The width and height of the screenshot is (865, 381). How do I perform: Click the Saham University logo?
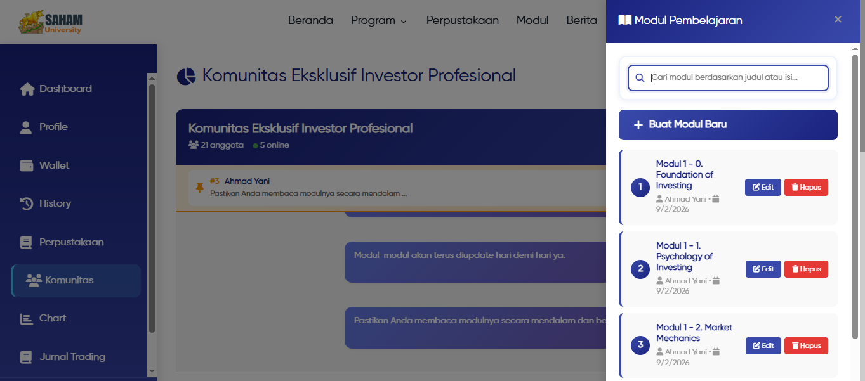point(50,22)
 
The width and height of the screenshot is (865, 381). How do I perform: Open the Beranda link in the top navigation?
point(310,20)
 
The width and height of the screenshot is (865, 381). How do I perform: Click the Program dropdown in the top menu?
point(379,20)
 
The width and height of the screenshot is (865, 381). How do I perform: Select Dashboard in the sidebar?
point(65,89)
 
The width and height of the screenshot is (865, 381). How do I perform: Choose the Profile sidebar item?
point(53,127)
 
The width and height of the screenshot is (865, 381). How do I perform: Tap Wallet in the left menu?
point(54,165)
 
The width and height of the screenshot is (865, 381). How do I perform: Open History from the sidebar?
point(55,203)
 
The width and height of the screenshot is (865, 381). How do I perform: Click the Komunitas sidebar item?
point(69,280)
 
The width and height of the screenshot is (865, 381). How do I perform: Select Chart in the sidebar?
point(52,318)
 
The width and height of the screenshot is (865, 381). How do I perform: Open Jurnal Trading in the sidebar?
point(72,357)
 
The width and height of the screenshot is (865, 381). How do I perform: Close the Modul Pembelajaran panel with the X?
point(838,20)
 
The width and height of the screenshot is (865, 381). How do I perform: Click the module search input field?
point(736,78)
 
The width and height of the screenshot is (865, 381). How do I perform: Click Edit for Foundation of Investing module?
point(763,187)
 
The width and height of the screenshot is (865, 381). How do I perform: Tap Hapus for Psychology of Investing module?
point(806,269)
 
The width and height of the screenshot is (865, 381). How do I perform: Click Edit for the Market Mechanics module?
point(763,345)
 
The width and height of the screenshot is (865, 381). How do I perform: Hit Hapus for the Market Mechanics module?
point(806,345)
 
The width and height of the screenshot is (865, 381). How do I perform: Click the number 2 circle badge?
point(640,269)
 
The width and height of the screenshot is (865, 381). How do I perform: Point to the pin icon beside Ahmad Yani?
point(200,187)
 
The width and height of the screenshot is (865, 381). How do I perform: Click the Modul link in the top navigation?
point(532,20)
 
